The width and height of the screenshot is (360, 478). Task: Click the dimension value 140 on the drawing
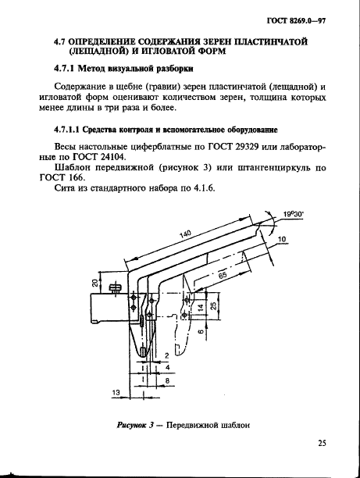[184, 234]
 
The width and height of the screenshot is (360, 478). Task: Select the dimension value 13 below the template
[116, 391]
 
